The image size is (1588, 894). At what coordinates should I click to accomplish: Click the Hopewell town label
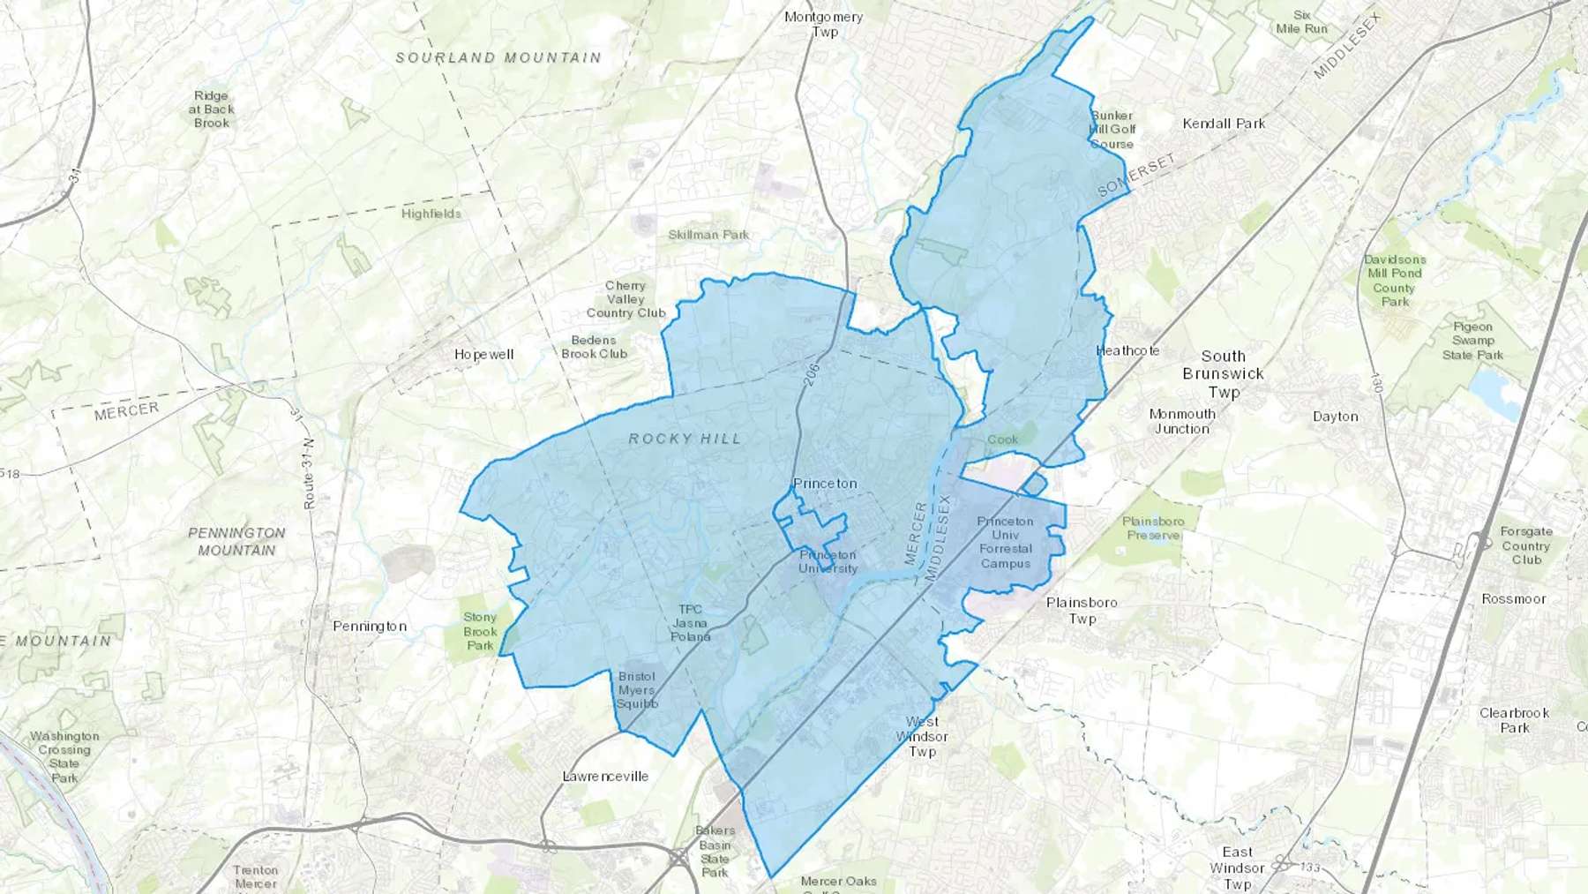(x=483, y=355)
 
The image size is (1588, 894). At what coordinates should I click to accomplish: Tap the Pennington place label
(x=370, y=627)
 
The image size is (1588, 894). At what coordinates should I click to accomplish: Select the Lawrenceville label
(x=605, y=777)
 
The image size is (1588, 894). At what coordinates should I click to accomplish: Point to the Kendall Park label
(x=1224, y=124)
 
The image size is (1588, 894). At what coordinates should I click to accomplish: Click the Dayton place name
(x=1335, y=417)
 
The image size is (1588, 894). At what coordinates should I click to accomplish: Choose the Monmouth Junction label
(x=1182, y=421)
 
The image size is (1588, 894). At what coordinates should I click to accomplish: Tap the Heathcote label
(x=1127, y=350)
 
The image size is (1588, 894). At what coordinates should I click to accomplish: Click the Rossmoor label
(x=1514, y=599)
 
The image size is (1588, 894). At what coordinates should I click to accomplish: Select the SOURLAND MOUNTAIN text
(x=498, y=58)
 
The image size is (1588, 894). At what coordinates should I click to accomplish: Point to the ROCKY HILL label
(x=685, y=439)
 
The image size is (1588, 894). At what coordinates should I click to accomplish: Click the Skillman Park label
(x=708, y=235)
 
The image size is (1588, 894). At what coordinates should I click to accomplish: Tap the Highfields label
(x=431, y=214)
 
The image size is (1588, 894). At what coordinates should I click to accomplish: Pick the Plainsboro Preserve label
(x=1153, y=528)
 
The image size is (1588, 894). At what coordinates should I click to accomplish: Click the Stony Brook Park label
(x=480, y=631)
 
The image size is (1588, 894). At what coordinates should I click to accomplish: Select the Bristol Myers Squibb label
(x=636, y=690)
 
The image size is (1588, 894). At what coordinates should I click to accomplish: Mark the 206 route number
(x=813, y=374)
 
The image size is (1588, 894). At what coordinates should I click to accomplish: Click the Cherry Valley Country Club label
(x=625, y=299)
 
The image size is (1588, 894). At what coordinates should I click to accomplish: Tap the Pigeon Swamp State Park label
(x=1472, y=341)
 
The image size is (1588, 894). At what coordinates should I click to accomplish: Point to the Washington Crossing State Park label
(x=64, y=756)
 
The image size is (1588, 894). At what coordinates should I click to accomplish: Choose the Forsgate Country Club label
(x=1526, y=545)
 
